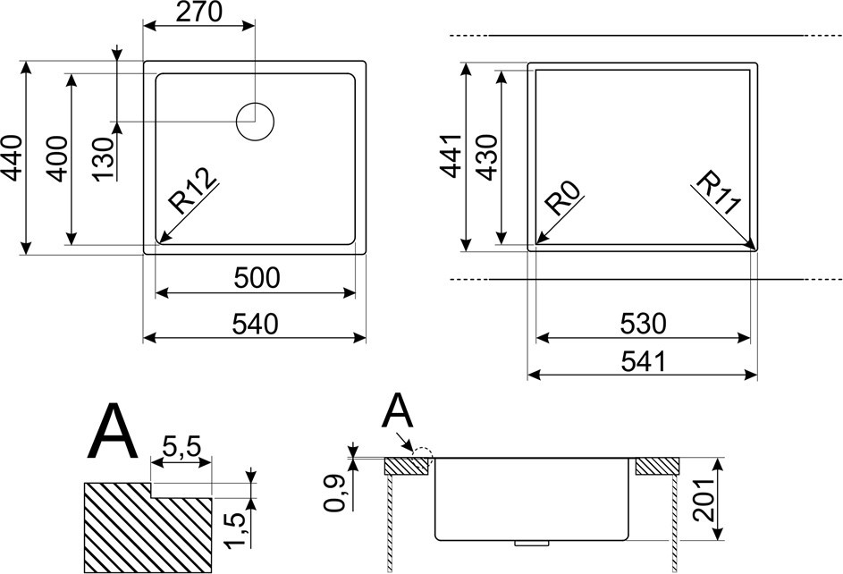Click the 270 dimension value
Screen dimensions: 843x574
(199, 12)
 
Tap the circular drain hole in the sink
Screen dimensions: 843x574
(256, 122)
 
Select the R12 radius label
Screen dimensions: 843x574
(192, 190)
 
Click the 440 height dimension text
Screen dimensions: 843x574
(12, 157)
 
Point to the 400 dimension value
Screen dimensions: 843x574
(56, 159)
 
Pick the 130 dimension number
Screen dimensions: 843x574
(104, 160)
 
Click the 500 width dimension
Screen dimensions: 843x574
(257, 278)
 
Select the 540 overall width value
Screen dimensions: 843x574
(256, 324)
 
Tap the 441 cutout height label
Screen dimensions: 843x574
(451, 156)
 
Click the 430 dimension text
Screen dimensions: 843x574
(487, 157)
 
